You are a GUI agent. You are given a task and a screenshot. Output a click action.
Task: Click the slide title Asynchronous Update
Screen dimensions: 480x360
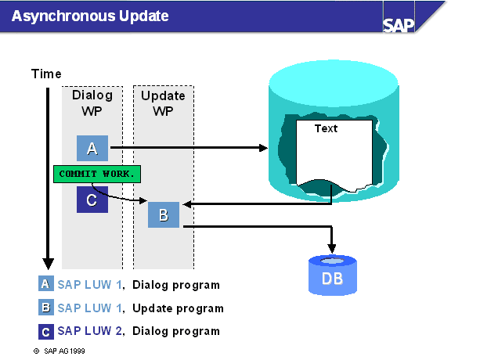(x=90, y=16)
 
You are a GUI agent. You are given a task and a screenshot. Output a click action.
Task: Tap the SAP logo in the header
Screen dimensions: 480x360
(x=399, y=25)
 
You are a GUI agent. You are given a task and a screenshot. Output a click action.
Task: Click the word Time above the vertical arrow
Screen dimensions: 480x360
(x=46, y=74)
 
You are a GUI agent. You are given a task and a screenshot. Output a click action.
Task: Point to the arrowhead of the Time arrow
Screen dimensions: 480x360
(x=48, y=264)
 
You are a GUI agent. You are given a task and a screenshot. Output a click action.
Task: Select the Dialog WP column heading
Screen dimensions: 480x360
(x=92, y=103)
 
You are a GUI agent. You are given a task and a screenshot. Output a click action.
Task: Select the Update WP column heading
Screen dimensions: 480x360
(x=163, y=103)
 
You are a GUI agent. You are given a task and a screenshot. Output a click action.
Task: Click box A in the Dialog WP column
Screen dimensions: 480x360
(x=92, y=149)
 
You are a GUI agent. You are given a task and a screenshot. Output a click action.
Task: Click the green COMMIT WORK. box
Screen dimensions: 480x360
(x=97, y=174)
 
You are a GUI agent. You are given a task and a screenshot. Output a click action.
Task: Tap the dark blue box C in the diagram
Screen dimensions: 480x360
(x=92, y=200)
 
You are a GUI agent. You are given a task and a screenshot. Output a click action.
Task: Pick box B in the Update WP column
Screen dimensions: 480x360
(x=164, y=214)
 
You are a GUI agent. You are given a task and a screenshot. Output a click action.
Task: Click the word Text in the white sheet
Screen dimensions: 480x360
(x=326, y=128)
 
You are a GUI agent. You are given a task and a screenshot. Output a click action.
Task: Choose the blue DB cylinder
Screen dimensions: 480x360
(x=333, y=275)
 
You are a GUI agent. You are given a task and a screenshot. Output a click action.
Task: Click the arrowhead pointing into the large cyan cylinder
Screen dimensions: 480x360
(x=263, y=148)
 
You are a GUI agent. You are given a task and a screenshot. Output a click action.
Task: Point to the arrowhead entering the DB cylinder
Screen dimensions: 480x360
(x=332, y=248)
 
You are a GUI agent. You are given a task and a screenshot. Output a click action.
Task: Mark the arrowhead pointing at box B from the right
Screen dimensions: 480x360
(x=187, y=204)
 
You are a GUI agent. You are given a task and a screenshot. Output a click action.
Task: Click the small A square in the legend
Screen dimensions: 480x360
(x=46, y=283)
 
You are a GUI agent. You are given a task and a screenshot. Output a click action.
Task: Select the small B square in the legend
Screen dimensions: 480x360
(x=46, y=308)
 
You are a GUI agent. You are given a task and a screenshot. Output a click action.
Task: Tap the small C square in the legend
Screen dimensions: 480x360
(x=46, y=332)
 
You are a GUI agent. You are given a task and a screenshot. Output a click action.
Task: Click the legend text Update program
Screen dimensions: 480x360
(x=178, y=308)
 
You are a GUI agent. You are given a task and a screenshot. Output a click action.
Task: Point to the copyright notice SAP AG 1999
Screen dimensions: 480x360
(x=59, y=351)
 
